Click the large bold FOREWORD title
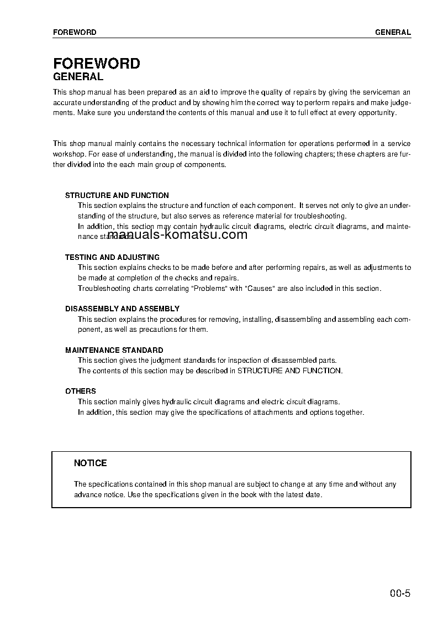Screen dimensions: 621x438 [96, 64]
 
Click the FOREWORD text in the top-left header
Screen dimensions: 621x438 [75, 32]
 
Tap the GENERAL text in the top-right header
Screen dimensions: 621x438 [393, 32]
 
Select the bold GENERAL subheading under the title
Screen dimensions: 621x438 [78, 77]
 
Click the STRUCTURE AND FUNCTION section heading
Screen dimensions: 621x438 [117, 195]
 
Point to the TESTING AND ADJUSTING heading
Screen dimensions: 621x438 [112, 257]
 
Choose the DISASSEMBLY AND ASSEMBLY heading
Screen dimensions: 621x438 [122, 309]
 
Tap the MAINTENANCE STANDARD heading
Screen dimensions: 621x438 [114, 350]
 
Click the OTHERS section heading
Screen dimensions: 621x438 [81, 391]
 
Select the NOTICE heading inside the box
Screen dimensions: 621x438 [91, 463]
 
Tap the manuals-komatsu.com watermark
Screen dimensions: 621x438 [177, 235]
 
